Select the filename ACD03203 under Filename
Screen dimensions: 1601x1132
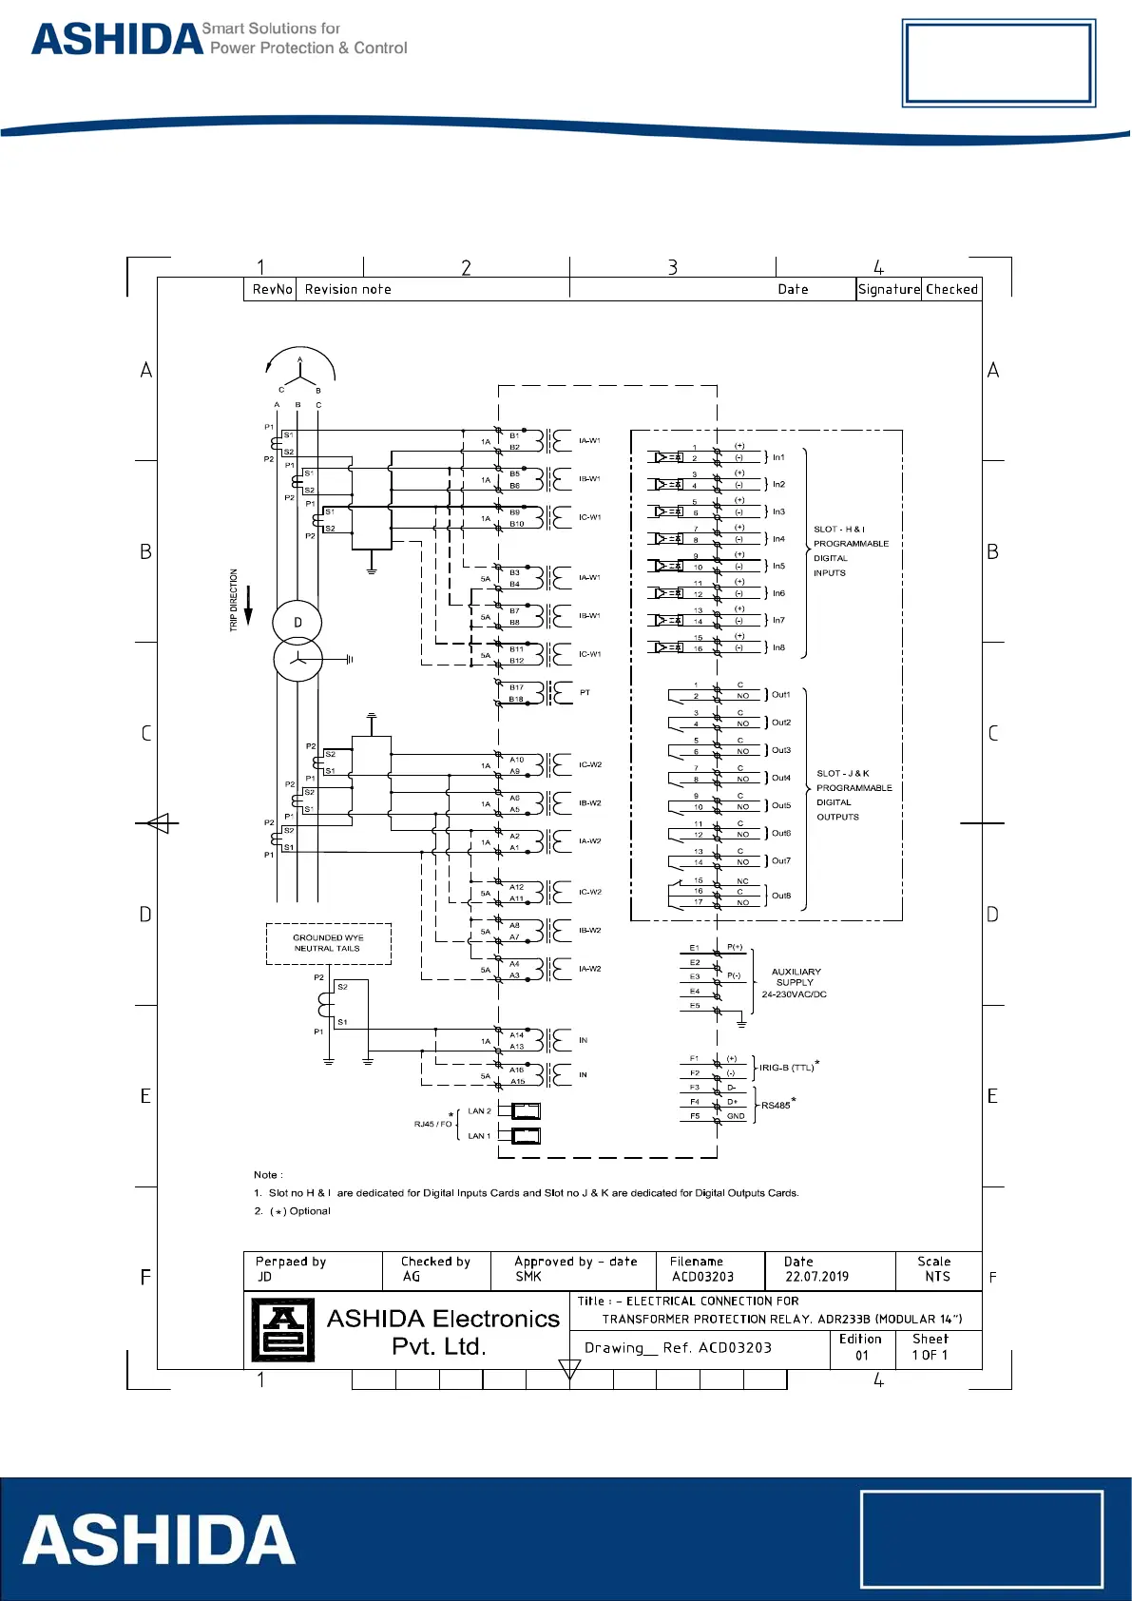point(702,1277)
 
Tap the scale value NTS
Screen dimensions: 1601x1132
point(937,1277)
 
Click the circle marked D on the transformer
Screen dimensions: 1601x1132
point(297,623)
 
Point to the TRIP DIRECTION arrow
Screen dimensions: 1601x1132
point(248,606)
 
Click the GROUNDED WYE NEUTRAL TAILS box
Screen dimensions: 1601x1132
point(328,943)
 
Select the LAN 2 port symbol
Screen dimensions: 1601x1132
point(526,1110)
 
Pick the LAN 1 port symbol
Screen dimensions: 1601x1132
point(526,1135)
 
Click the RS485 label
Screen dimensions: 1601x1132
point(776,1106)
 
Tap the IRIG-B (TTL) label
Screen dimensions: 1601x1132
point(786,1068)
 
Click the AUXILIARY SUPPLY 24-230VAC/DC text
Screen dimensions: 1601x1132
point(795,983)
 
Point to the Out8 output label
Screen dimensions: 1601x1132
point(781,896)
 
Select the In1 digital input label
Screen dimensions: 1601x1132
point(778,457)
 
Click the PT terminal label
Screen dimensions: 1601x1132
point(585,692)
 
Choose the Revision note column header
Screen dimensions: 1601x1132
point(348,289)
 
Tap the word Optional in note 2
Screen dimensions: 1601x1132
point(310,1211)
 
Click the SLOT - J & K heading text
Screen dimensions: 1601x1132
point(843,774)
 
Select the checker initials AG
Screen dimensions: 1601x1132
point(412,1277)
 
